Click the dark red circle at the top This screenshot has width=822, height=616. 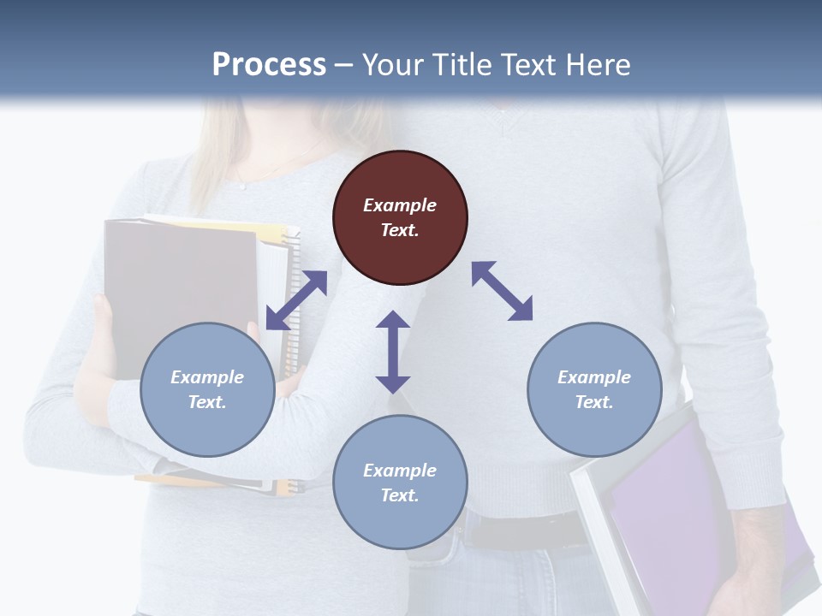tap(400, 217)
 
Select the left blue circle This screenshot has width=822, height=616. tap(207, 389)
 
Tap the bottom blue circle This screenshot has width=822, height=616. tap(400, 482)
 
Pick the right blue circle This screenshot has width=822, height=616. tap(594, 389)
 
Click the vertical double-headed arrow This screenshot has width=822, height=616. tap(393, 352)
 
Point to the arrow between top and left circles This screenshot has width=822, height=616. tap(296, 300)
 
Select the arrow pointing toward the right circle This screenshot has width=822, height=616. tap(502, 291)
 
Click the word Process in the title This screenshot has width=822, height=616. tap(269, 64)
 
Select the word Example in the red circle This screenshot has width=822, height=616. tap(400, 205)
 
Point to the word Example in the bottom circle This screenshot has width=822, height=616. tap(400, 470)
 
